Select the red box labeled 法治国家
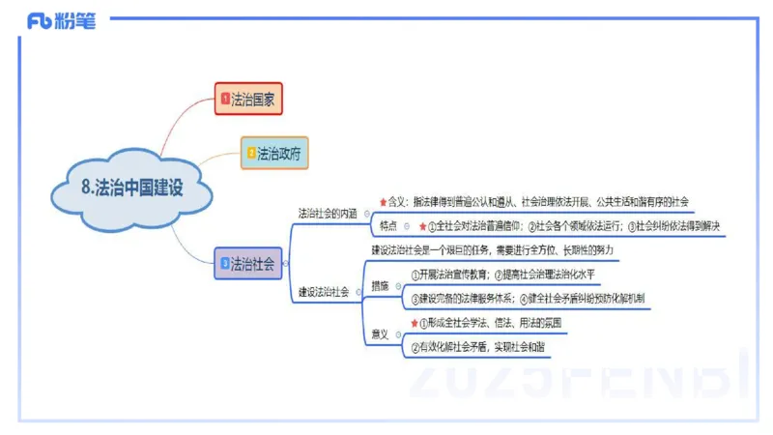248,98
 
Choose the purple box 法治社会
248,262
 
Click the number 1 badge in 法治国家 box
225,98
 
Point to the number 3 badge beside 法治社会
225,262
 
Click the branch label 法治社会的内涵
327,213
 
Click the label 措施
380,286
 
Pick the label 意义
380,334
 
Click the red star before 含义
383,202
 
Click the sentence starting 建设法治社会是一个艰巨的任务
493,250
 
